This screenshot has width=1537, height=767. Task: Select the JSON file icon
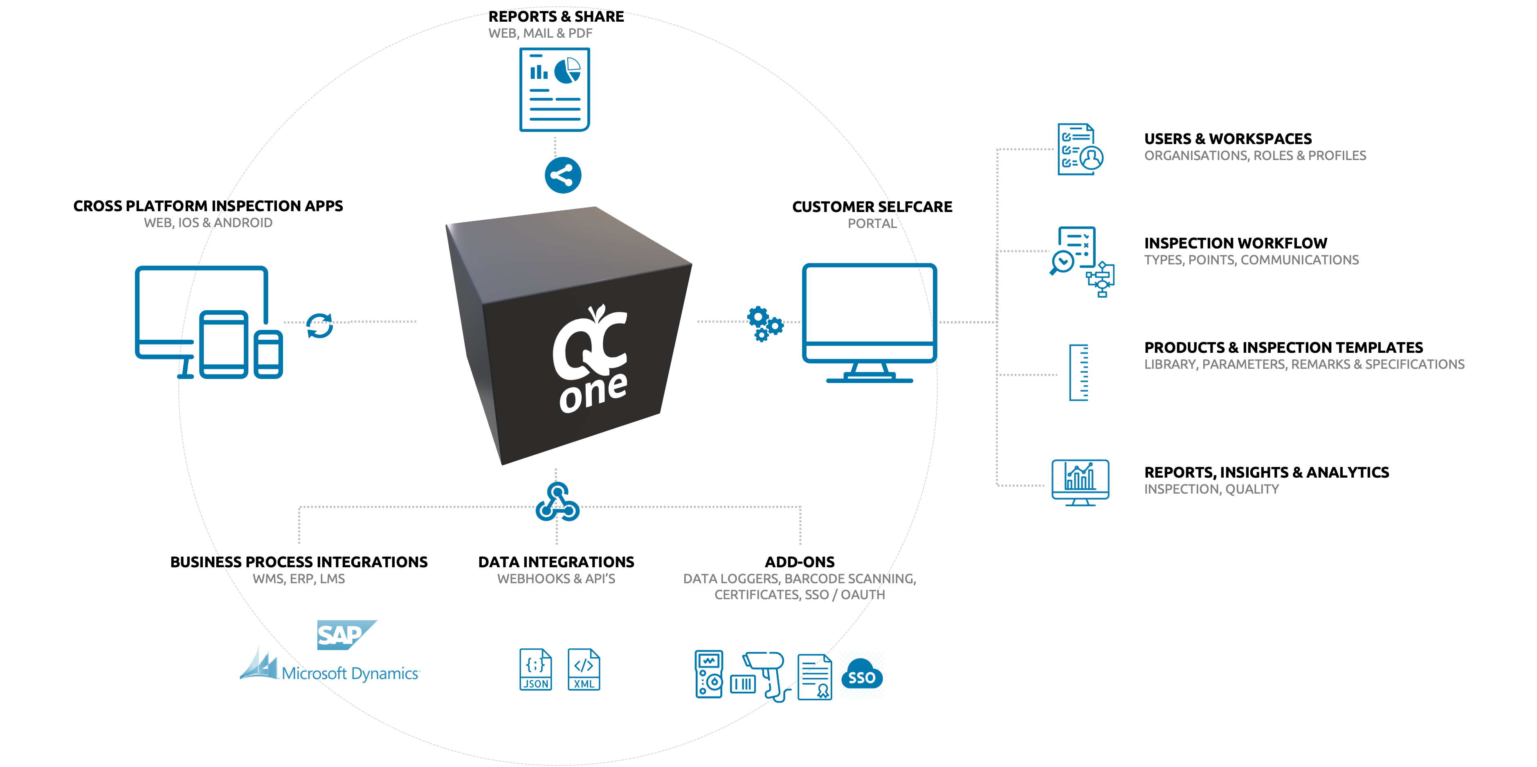535,670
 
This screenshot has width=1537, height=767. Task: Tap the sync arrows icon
319,326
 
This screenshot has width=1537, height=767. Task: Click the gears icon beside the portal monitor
764,323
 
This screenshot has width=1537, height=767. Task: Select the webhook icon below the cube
557,503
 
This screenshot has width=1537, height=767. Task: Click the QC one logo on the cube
591,359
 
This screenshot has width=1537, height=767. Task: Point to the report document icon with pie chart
554,90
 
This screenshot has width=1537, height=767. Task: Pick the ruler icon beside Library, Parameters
1078,372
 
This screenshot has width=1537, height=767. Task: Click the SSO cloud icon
862,675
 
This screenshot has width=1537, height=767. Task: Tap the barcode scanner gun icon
766,675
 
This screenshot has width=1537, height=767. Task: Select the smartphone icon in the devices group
268,354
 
